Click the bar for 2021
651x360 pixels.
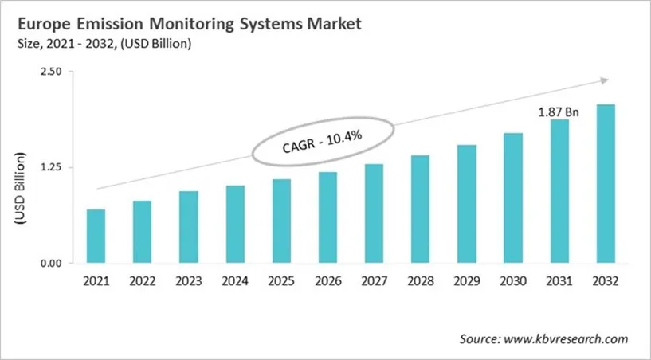coord(96,236)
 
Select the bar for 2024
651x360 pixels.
coord(235,224)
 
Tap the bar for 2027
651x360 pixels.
coord(374,213)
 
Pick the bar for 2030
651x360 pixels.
coord(513,198)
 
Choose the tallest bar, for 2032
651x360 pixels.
coord(606,183)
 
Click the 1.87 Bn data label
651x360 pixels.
coord(559,112)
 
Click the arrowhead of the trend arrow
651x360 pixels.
coord(603,80)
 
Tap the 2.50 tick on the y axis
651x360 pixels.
coord(51,72)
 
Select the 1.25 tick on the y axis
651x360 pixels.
coord(51,167)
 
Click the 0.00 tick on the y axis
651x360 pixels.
coord(51,264)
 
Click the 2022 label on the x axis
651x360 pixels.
coord(142,281)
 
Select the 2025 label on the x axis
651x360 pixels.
coord(281,281)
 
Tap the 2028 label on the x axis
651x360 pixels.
coord(420,281)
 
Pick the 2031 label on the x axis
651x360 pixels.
coord(559,281)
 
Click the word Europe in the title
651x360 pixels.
coord(40,25)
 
